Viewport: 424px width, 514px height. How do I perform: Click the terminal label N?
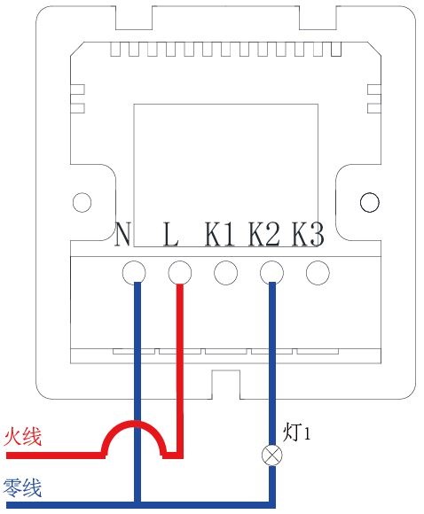click(x=123, y=234)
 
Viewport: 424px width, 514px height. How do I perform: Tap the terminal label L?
click(x=170, y=234)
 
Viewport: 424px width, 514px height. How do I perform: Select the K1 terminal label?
click(x=220, y=234)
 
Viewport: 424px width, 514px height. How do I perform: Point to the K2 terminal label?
click(x=264, y=234)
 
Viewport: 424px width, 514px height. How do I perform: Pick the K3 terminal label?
click(x=308, y=234)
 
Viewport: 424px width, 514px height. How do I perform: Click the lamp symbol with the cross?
click(x=272, y=455)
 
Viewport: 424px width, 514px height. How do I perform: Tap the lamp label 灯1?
click(x=296, y=432)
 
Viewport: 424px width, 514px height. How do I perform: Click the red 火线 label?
click(x=23, y=436)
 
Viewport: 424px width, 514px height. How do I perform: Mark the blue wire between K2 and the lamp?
click(x=272, y=364)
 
